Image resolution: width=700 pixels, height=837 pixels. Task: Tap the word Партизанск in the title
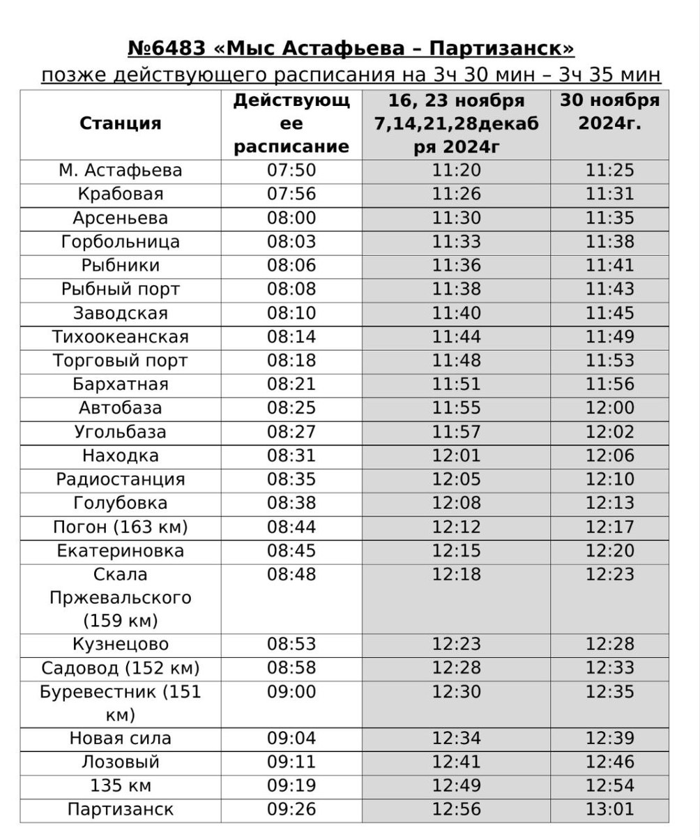pos(501,49)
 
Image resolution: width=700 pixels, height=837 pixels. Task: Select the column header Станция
pos(121,123)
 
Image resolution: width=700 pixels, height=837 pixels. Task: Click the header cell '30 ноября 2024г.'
pos(609,112)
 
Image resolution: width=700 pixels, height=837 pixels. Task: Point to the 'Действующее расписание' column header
pos(291,123)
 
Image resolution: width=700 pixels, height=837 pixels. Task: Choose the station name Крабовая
pos(121,194)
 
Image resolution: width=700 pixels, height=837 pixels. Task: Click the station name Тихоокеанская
pos(121,337)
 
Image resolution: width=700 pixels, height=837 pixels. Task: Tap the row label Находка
pos(121,455)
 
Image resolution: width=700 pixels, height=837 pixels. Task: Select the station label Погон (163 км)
pos(121,527)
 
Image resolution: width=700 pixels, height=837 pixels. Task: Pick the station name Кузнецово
pos(121,644)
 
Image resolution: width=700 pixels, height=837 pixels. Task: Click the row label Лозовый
pos(121,762)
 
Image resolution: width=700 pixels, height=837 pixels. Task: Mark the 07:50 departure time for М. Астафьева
pos(291,170)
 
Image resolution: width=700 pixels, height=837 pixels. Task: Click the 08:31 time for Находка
pos(291,455)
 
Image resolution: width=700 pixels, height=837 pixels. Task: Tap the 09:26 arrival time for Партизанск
pos(291,809)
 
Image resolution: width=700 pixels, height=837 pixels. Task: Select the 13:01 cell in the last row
pos(609,809)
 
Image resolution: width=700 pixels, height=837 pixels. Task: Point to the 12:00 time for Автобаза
pos(609,408)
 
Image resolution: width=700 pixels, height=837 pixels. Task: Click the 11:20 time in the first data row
pos(456,170)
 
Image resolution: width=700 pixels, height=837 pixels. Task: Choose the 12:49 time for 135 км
pos(456,785)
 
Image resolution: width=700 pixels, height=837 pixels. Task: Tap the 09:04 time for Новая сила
pos(291,738)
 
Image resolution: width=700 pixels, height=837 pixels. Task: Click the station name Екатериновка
pos(121,551)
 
